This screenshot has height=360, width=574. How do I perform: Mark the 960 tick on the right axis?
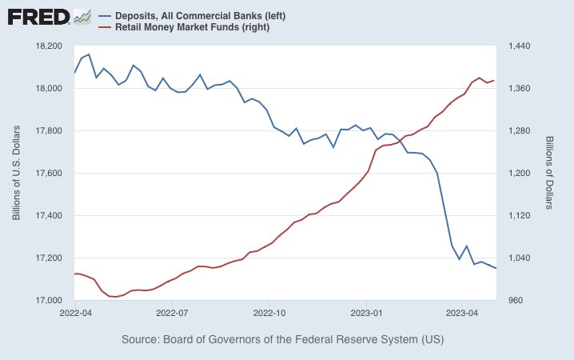click(515, 300)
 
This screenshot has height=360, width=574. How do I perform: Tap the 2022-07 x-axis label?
click(173, 313)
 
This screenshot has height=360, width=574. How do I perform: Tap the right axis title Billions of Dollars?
click(551, 173)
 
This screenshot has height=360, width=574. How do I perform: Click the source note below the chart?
click(282, 340)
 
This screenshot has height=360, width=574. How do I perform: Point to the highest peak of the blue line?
click(89, 54)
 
